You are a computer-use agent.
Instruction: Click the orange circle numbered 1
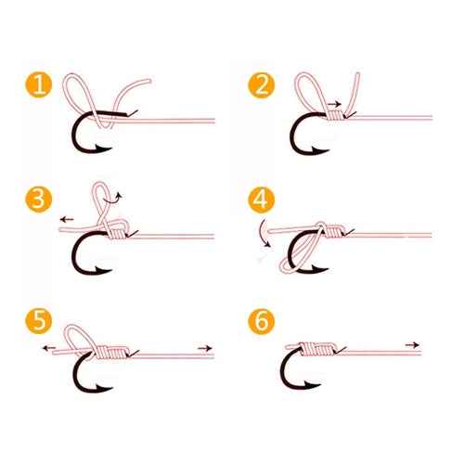pyautogui.click(x=38, y=87)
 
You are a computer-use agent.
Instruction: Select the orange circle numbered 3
pyautogui.click(x=38, y=201)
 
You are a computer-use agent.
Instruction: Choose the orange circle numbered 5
pyautogui.click(x=38, y=321)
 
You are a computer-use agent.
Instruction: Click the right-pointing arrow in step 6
pyautogui.click(x=412, y=345)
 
